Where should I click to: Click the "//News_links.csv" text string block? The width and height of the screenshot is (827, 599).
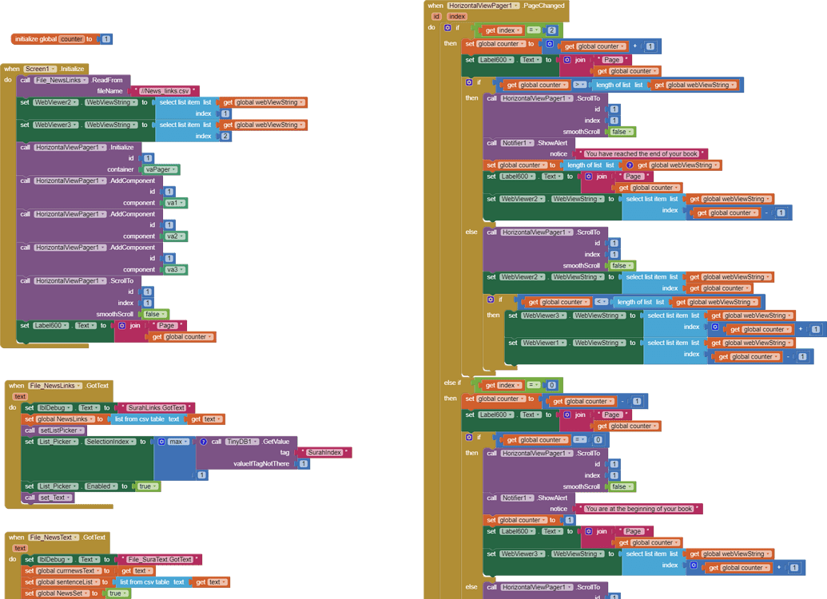pos(165,91)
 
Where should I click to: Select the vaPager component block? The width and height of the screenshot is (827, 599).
pos(161,169)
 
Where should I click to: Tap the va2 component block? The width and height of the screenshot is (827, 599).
pos(173,236)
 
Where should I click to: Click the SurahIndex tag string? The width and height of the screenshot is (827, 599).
pos(325,453)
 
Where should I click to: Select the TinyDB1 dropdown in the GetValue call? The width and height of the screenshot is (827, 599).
pos(241,442)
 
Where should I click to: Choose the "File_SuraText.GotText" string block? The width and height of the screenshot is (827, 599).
pos(160,560)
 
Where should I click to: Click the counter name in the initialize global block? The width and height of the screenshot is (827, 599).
pos(71,39)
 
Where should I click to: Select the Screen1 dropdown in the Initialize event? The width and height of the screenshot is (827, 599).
pos(41,69)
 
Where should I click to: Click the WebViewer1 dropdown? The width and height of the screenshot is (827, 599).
pos(540,343)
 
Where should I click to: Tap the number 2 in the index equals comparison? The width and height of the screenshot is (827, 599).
pos(551,30)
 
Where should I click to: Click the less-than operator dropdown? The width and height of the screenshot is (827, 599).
pos(601,302)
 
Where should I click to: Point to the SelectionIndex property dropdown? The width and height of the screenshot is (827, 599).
pos(111,442)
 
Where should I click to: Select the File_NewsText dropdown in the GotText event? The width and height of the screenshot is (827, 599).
pos(54,538)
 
